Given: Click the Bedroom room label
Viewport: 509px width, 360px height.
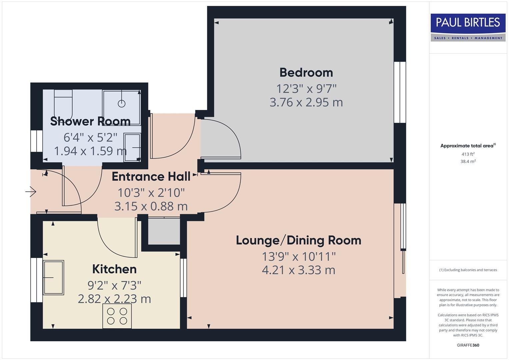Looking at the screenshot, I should pyautogui.click(x=306, y=72).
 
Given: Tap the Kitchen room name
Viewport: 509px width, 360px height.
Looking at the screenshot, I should pyautogui.click(x=114, y=269).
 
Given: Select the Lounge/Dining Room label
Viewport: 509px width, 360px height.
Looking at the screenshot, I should pyautogui.click(x=298, y=240).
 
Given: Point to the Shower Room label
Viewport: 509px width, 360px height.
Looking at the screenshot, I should pyautogui.click(x=90, y=121).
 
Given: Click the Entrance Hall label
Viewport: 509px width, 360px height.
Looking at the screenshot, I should pyautogui.click(x=151, y=177).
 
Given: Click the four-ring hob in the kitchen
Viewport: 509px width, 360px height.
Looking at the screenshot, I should pyautogui.click(x=117, y=316).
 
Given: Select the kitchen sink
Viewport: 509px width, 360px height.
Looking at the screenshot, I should pyautogui.click(x=53, y=277).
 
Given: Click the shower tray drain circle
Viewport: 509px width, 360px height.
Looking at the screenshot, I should pyautogui.click(x=122, y=104).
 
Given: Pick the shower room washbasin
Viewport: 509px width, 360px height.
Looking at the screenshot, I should pyautogui.click(x=132, y=147).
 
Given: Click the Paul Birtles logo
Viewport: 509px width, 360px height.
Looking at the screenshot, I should pyautogui.click(x=468, y=27).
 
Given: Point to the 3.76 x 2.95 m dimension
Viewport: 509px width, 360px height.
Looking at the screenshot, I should pyautogui.click(x=306, y=102).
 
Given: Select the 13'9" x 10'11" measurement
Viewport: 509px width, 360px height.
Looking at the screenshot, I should pyautogui.click(x=298, y=257).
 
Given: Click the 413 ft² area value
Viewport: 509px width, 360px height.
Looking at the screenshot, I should pyautogui.click(x=468, y=154).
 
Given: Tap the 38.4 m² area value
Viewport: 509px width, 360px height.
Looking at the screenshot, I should pyautogui.click(x=468, y=161).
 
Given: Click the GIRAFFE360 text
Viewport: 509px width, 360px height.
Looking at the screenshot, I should pyautogui.click(x=468, y=345).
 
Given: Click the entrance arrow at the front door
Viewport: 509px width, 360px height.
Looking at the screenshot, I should pyautogui.click(x=31, y=192).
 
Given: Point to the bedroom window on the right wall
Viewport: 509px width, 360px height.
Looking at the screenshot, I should pyautogui.click(x=400, y=92).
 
